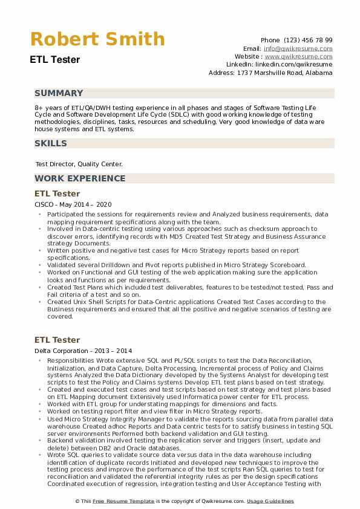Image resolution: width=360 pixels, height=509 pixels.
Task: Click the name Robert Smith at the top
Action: (x=97, y=39)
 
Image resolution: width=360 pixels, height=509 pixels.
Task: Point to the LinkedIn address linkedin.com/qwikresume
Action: (x=296, y=64)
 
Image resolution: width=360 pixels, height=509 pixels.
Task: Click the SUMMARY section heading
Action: (x=59, y=93)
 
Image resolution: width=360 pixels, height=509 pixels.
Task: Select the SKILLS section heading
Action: (x=51, y=143)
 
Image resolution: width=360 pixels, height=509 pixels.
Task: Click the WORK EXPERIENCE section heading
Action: (x=80, y=178)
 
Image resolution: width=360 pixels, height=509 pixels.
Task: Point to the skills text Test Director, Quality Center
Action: (x=79, y=164)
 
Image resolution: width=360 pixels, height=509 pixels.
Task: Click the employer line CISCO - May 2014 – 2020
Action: (x=73, y=205)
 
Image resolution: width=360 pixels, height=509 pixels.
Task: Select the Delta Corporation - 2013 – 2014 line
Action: (x=83, y=351)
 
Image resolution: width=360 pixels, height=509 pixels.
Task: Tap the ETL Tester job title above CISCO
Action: (x=57, y=193)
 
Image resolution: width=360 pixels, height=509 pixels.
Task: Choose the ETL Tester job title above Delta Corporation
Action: (x=57, y=340)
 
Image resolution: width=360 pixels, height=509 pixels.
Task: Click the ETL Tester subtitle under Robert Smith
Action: (x=54, y=60)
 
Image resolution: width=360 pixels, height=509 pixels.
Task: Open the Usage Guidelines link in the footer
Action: (x=270, y=502)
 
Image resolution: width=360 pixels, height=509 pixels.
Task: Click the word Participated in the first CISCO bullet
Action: (x=67, y=214)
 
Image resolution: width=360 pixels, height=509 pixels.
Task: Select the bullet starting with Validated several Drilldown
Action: (x=177, y=265)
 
